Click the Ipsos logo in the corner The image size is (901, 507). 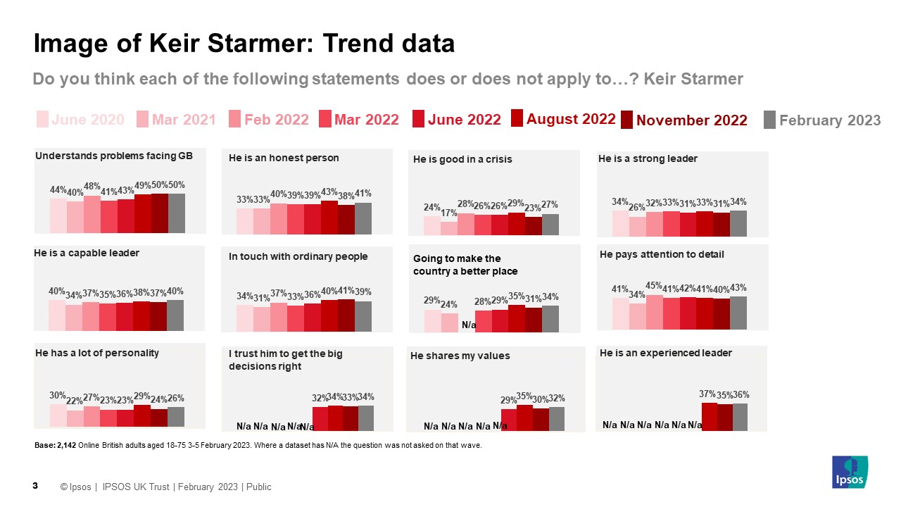pos(850,472)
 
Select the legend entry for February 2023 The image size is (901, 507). pos(822,120)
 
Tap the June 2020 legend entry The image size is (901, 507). pos(81,120)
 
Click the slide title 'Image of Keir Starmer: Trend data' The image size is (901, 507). pos(244,44)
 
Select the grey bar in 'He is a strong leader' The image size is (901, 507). pos(738,223)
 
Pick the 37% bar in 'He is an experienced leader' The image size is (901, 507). pos(709,416)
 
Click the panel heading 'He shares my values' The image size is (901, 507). pos(460,356)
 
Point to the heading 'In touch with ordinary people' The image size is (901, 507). pos(298,256)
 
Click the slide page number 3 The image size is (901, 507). pos(35,487)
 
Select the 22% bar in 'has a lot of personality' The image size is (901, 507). pos(75,418)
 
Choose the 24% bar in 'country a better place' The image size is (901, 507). pos(449,322)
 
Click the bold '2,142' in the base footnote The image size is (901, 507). pos(65,445)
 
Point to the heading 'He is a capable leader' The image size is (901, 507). pos(87,253)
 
